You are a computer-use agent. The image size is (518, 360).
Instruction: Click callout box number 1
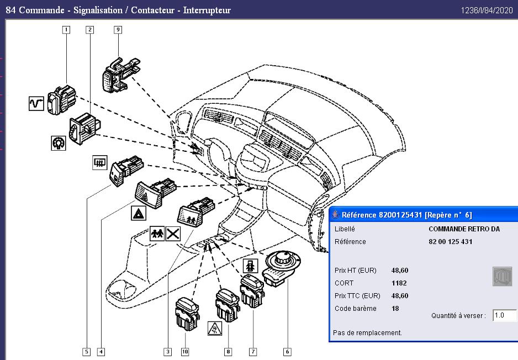(x=66, y=30)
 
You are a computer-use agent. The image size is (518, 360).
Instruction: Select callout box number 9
(x=118, y=30)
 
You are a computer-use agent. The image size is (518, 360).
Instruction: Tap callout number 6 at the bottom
(x=287, y=352)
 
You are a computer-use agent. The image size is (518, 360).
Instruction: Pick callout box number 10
(x=185, y=352)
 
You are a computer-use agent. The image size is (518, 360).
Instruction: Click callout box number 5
(x=87, y=352)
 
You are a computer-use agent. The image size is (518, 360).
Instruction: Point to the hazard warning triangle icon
(x=139, y=213)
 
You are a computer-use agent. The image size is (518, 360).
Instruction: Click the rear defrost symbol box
(x=99, y=162)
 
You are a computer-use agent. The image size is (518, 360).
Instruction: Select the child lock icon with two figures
(x=157, y=234)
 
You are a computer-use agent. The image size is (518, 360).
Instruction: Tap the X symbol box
(x=173, y=234)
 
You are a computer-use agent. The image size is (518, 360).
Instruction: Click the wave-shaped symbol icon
(x=36, y=103)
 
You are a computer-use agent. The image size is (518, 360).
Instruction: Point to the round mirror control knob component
(x=282, y=268)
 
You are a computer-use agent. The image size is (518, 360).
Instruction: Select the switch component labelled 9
(x=121, y=75)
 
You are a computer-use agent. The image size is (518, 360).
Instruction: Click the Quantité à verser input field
(x=504, y=315)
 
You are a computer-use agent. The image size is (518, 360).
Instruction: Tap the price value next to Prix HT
(x=400, y=271)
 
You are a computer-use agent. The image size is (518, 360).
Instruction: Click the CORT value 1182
(x=399, y=283)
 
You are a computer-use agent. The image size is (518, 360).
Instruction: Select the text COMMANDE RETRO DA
(x=464, y=229)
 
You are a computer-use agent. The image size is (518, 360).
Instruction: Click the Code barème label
(x=356, y=309)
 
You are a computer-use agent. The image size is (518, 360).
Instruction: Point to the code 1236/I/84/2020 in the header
(x=487, y=10)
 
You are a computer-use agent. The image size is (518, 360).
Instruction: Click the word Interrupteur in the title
(x=207, y=10)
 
